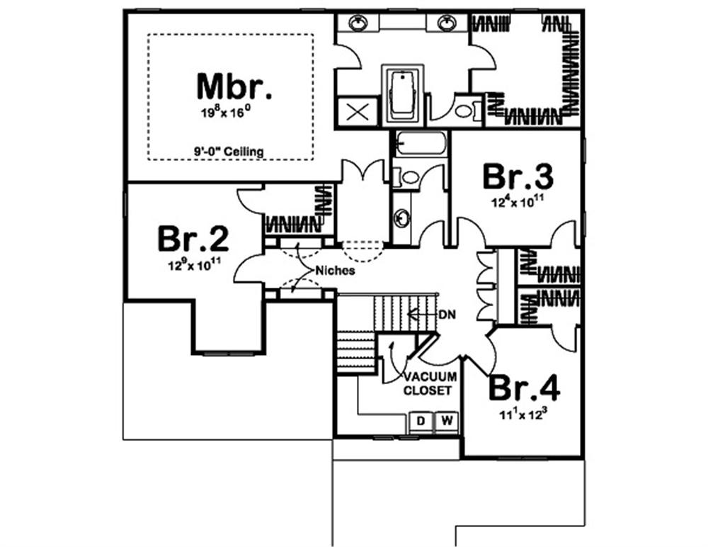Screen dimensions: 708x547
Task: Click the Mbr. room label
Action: tap(235, 86)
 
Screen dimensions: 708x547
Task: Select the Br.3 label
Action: tap(518, 176)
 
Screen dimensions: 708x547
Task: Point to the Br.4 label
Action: tap(525, 388)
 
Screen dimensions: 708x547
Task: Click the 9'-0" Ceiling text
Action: tap(229, 152)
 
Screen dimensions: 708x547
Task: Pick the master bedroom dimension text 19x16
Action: tap(226, 112)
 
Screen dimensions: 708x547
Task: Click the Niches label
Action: tap(335, 271)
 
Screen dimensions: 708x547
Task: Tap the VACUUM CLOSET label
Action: tap(430, 383)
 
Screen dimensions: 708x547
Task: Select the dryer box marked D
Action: tap(421, 422)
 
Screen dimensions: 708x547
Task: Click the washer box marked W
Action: tap(447, 422)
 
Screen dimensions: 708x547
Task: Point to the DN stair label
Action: tap(447, 315)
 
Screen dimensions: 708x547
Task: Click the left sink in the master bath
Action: tap(358, 23)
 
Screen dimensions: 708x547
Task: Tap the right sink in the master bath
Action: tap(446, 23)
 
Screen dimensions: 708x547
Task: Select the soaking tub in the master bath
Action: tap(403, 96)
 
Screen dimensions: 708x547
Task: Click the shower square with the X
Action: tap(357, 111)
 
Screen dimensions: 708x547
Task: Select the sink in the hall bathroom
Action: tap(401, 218)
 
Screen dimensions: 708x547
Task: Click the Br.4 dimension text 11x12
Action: tap(523, 414)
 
